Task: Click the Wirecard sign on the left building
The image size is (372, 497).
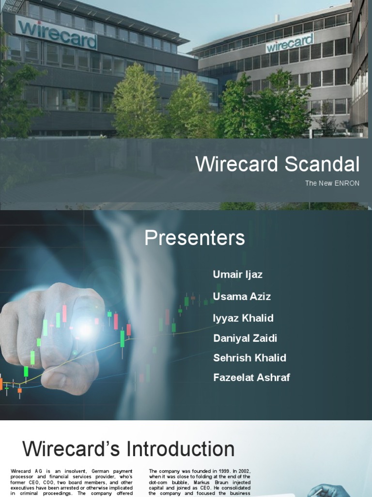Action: click(57, 34)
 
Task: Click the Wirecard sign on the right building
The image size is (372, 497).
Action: click(290, 43)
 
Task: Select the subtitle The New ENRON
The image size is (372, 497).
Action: click(332, 183)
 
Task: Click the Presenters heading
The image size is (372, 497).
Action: click(195, 238)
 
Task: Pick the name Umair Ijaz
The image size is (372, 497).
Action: click(237, 274)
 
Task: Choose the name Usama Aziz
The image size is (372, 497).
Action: click(242, 296)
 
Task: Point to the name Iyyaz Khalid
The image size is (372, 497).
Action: click(243, 318)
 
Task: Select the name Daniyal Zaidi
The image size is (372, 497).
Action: click(245, 338)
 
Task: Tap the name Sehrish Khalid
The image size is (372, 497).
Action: click(249, 358)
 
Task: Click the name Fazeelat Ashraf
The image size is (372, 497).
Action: click(251, 377)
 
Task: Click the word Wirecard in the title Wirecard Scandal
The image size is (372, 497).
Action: click(236, 165)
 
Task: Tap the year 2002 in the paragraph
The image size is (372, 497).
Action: click(243, 471)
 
